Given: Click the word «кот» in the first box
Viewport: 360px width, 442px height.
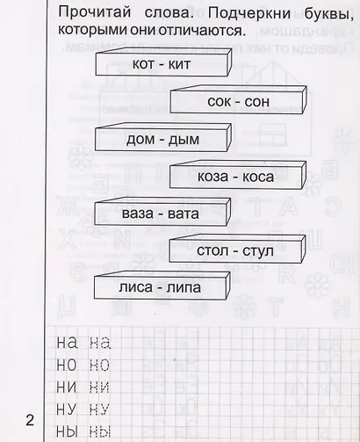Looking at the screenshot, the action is pos(143,64).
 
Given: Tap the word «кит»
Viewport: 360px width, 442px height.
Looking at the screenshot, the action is pos(179,64).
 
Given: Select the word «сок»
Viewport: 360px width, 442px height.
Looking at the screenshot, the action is pos(219,102).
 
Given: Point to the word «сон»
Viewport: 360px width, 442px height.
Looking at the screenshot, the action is pos(257,102).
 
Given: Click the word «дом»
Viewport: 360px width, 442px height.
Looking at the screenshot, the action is pos(140,140).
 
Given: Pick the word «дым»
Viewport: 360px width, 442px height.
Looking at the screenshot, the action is pos(184,140).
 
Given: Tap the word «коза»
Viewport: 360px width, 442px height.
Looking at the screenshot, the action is pos(212,177).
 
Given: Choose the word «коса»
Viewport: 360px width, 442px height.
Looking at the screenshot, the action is pos(258,177).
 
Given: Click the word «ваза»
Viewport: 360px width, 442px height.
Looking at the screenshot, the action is pos(138,214).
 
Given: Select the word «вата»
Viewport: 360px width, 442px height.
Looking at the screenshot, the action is pos(184,214).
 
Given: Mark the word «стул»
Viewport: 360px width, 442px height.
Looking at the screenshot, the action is pos(258,251).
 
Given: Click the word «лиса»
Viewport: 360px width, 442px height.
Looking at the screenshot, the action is pos(136,287).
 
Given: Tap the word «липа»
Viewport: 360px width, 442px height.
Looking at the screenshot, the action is pos(184,287).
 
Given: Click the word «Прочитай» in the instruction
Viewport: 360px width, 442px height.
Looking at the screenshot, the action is pos(94,13).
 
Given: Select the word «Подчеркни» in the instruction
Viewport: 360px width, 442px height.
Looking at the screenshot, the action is pos(249,13).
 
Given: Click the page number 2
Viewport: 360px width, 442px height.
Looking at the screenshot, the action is pos(30,420).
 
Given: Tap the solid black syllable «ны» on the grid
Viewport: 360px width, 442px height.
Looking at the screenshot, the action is pos(67,431).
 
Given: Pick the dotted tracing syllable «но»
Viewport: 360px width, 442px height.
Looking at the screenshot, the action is pos(99,366).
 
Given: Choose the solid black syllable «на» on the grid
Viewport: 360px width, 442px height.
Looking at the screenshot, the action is pos(67,343).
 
